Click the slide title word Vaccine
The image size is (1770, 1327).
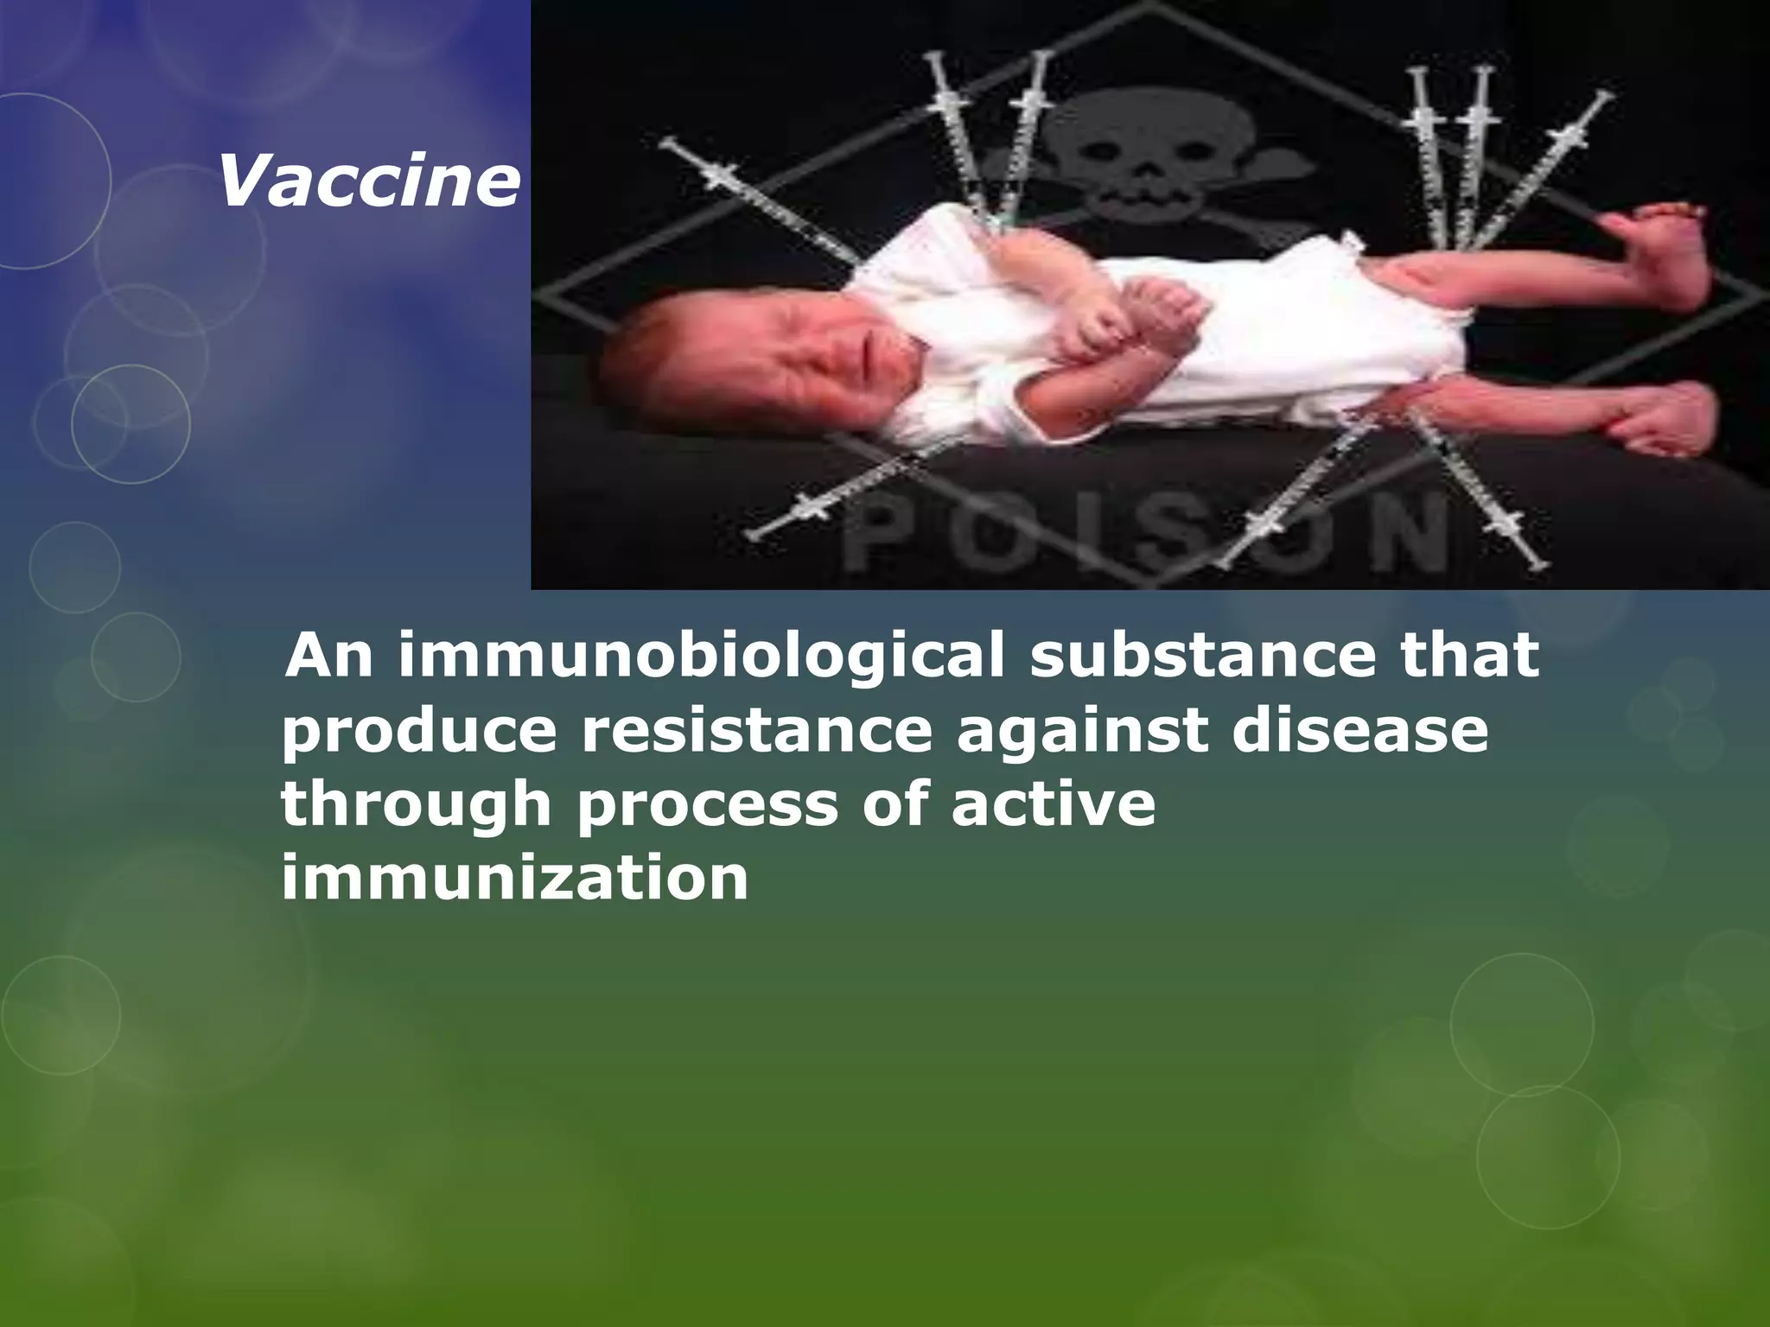(x=369, y=183)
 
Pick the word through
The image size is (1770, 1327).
(x=416, y=805)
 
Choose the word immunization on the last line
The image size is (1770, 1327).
(x=515, y=879)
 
